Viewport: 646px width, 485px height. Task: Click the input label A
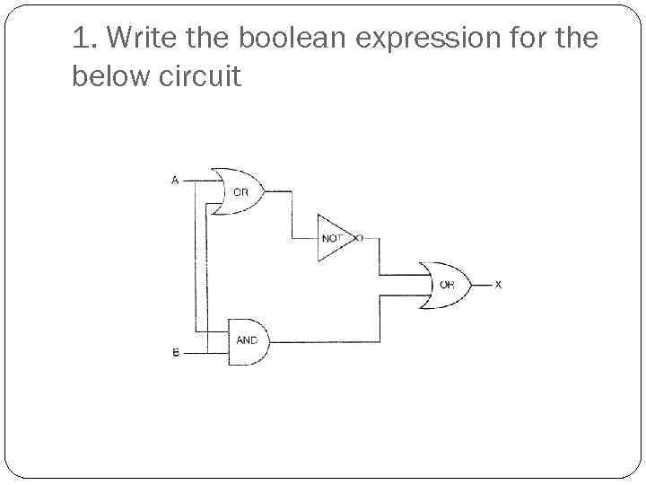coord(175,180)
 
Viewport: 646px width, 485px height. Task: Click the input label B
coord(175,353)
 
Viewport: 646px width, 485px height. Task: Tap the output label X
coord(499,285)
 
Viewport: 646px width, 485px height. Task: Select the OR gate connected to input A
coord(236,190)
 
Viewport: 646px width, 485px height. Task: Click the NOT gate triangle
coord(334,238)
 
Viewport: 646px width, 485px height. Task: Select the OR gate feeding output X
coord(443,285)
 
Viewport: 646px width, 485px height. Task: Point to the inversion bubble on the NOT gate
coord(358,239)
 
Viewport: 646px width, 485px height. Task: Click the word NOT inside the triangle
coord(332,239)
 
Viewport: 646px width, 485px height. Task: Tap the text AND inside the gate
coord(247,341)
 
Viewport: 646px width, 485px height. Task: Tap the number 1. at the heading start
coord(84,40)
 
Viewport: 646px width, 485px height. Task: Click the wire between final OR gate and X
coord(480,285)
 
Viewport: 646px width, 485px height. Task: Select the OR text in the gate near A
coord(242,191)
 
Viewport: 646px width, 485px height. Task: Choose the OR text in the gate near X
coord(447,285)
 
